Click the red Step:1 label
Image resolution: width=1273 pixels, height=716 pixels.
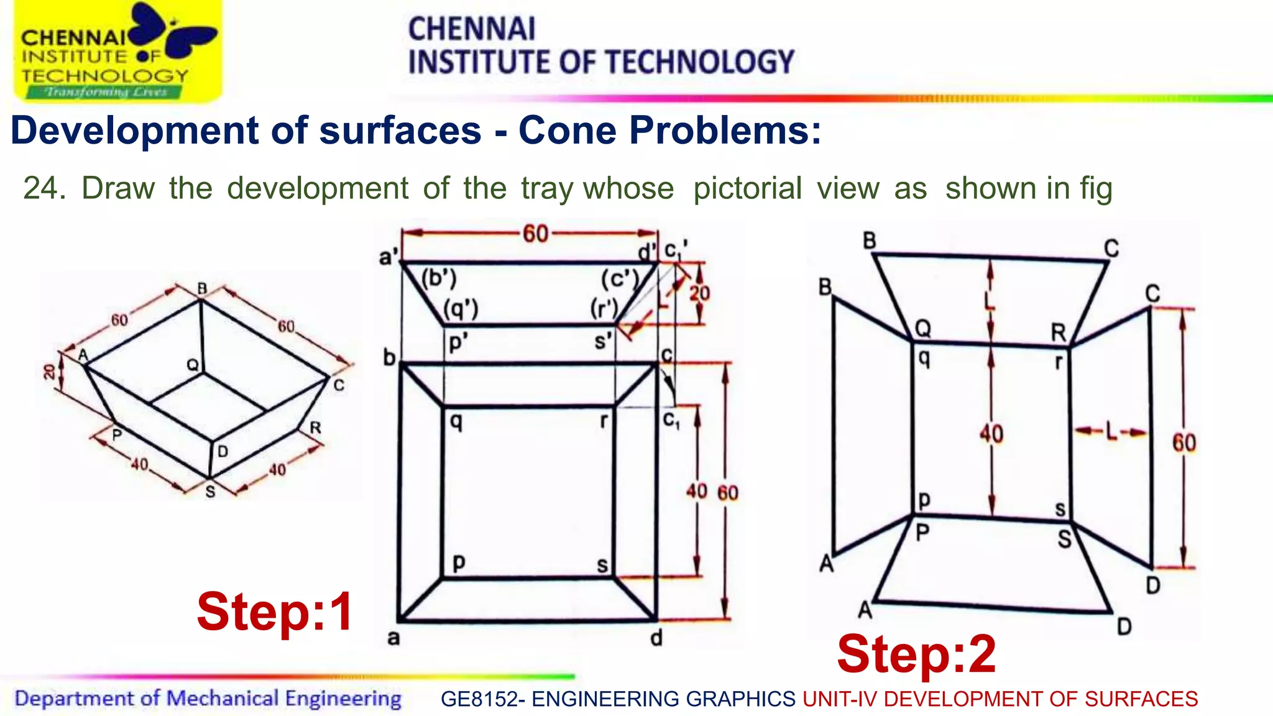pos(275,612)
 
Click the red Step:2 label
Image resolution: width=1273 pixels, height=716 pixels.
pos(916,654)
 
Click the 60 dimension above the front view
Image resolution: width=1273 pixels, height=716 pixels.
pos(535,234)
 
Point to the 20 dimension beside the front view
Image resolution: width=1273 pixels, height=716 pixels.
pos(699,293)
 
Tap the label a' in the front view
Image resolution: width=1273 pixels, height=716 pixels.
pos(388,256)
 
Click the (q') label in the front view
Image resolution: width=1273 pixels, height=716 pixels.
pos(461,308)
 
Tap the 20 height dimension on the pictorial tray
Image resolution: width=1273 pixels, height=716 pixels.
pos(49,372)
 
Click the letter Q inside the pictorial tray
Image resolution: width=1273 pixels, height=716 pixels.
pos(193,365)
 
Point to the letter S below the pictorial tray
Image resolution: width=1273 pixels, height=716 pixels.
pos(210,492)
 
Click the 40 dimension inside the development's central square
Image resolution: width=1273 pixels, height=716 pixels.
pos(991,433)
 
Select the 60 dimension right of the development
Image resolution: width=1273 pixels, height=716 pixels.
pos(1183,443)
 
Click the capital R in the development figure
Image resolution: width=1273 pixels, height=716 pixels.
pos(1058,333)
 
